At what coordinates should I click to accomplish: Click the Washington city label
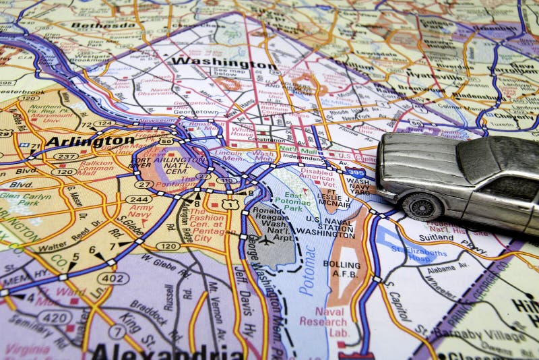pyautogui.click(x=223, y=63)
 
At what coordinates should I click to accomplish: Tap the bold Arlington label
pyautogui.click(x=90, y=141)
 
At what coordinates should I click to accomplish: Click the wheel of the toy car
pyautogui.click(x=422, y=206)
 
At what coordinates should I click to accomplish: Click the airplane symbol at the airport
pyautogui.click(x=267, y=239)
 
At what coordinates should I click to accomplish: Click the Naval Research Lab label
pyautogui.click(x=330, y=322)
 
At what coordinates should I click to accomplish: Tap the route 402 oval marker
pyautogui.click(x=113, y=278)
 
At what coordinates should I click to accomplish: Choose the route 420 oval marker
pyautogui.click(x=54, y=317)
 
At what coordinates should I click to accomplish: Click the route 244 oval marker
pyautogui.click(x=139, y=199)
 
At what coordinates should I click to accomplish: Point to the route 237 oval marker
pyautogui.click(x=65, y=156)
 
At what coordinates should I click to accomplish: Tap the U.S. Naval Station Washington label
pyautogui.click(x=329, y=225)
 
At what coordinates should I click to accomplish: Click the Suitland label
pyautogui.click(x=437, y=237)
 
